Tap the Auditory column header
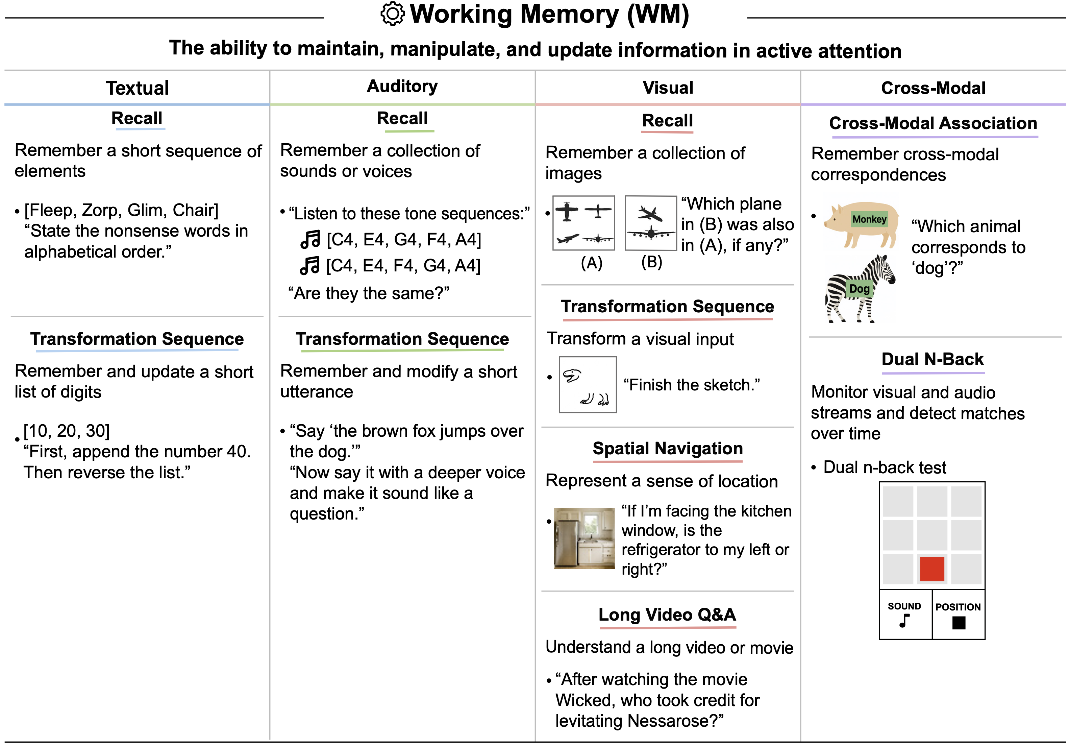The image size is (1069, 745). click(402, 86)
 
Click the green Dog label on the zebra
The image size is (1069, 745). click(859, 289)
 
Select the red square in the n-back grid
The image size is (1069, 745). click(932, 569)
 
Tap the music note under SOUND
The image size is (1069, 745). click(904, 621)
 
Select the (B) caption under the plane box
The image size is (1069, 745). click(651, 262)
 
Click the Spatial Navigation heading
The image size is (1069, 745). click(668, 448)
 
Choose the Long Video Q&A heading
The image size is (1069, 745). click(667, 615)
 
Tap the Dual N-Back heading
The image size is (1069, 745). click(933, 359)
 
